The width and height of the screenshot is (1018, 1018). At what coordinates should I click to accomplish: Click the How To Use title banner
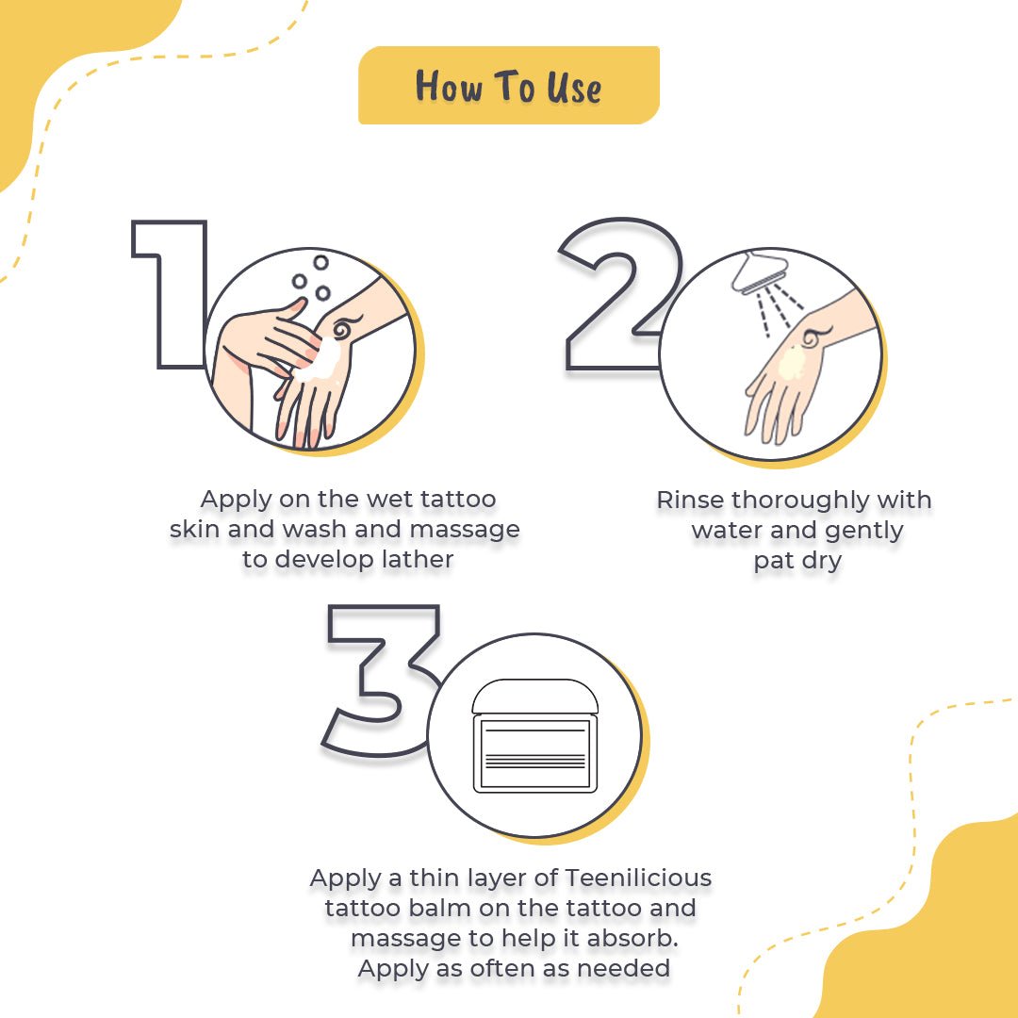[x=508, y=86]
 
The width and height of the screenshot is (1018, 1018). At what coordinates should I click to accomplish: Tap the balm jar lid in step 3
[x=534, y=698]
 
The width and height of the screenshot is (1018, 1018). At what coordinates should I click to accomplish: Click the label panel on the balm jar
[x=535, y=754]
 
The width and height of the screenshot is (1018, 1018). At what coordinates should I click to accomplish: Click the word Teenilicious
[x=638, y=878]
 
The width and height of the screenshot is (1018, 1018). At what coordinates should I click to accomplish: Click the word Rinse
[x=690, y=500]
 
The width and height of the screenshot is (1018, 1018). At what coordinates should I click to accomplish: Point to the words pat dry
[x=796, y=562]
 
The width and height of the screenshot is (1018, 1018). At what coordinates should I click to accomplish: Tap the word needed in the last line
[x=626, y=968]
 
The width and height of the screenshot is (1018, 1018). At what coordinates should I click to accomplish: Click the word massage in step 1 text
[x=466, y=529]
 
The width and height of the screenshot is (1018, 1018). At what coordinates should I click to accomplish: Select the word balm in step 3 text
[x=433, y=909]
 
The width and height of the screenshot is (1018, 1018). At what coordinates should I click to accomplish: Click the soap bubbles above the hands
[x=312, y=278]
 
